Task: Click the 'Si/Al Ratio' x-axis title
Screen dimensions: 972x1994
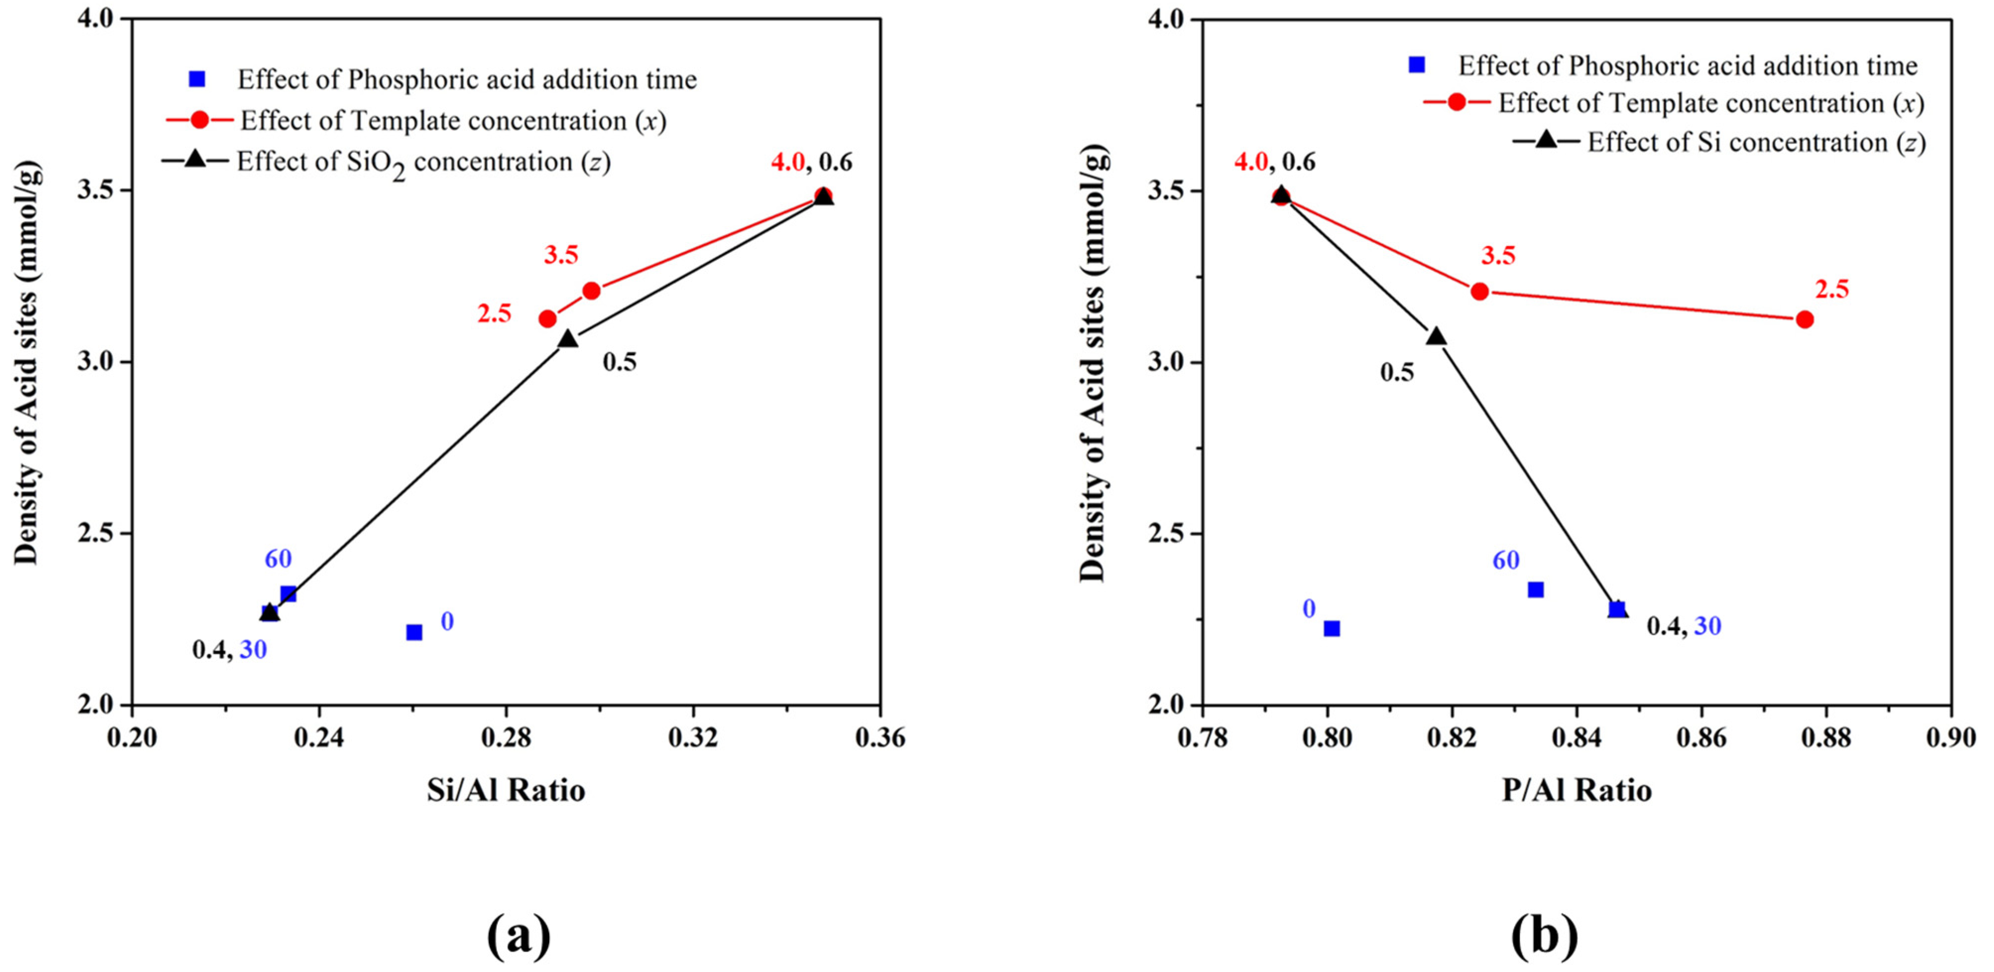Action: [506, 790]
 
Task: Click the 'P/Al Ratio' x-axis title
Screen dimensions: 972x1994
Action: [1577, 790]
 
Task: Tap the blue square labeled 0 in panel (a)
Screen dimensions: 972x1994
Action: [414, 632]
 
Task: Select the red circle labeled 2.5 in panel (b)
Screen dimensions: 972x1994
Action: [1804, 319]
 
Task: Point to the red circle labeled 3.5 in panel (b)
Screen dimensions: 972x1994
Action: [1479, 291]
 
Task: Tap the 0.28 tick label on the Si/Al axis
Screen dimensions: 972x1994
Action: [506, 738]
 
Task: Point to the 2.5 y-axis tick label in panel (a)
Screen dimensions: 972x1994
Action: [96, 534]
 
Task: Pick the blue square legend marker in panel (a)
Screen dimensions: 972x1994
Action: [197, 79]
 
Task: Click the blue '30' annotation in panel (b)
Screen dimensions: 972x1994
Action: [1707, 626]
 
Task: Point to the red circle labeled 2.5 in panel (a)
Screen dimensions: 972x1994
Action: [547, 318]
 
